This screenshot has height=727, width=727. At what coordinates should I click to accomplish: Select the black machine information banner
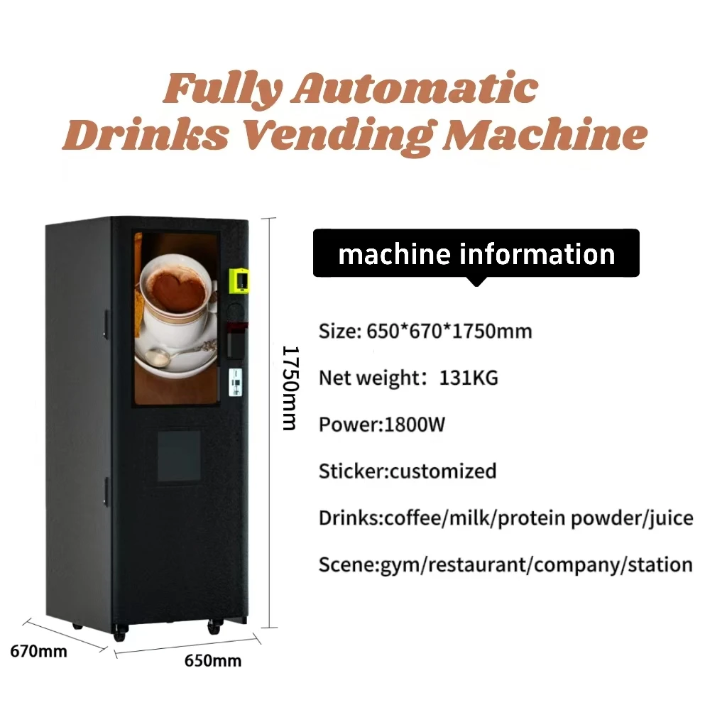point(476,253)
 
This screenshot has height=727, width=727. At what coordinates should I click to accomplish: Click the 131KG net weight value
point(469,378)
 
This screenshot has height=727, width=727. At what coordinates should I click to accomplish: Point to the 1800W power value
point(415,425)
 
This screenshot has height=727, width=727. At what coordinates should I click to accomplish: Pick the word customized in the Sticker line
point(443,471)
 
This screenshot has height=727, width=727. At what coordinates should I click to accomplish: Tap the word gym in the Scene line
point(399,566)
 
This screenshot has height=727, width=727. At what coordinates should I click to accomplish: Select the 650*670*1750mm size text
point(449,331)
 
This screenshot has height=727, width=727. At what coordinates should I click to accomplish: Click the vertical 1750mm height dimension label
point(288,388)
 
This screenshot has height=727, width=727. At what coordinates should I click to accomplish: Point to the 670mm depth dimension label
point(39,650)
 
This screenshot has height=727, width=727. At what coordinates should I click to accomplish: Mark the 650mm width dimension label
point(212,661)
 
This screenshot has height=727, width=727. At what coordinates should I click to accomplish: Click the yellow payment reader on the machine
point(239,279)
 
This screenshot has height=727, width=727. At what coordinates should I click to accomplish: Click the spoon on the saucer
point(177,352)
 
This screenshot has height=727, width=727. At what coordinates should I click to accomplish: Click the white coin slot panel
point(233,383)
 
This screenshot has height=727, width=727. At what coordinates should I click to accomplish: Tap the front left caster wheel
point(119,633)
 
